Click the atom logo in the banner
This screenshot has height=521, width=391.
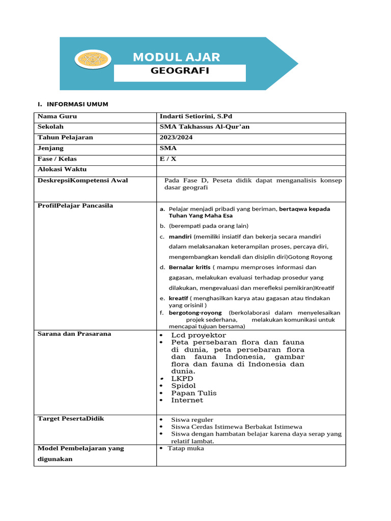tap(93, 59)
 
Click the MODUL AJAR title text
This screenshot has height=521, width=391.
tap(176, 57)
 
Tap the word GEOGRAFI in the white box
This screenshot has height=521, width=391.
tap(180, 71)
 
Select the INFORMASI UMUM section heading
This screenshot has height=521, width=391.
tap(76, 104)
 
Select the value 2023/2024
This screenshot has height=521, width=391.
tap(176, 137)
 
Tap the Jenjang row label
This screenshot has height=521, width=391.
tap(51, 148)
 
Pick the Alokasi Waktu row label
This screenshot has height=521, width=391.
tap(62, 169)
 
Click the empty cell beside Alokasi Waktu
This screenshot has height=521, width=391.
tap(250, 170)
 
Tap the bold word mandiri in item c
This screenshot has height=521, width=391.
tap(180, 237)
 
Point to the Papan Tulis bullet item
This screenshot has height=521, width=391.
tap(193, 393)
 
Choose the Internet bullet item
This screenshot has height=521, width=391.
tap(187, 400)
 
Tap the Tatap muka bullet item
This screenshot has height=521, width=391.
tap(186, 448)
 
